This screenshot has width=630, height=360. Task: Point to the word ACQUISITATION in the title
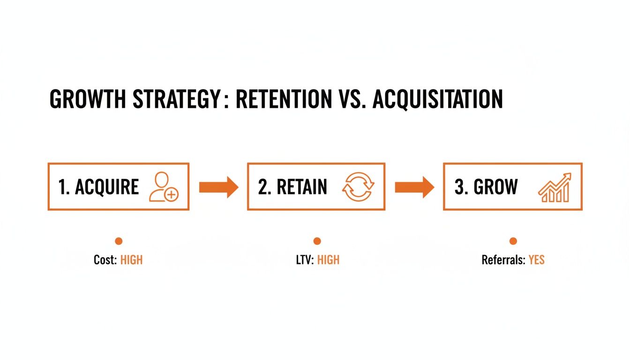(437, 100)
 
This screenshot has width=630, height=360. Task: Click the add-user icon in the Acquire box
(164, 187)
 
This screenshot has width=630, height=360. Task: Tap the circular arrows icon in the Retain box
(359, 187)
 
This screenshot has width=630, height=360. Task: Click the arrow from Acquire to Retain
(218, 187)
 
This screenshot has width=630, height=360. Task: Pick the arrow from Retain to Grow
(414, 187)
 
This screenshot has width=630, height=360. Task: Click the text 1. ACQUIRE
(98, 187)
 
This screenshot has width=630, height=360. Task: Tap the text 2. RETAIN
(292, 187)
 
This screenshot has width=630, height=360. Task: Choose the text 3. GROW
(486, 187)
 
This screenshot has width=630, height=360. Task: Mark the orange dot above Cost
(119, 241)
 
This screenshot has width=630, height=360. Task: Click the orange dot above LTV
(317, 241)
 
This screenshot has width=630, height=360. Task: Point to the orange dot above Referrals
(513, 241)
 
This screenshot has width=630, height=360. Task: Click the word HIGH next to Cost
(131, 260)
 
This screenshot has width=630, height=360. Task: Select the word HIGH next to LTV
(328, 260)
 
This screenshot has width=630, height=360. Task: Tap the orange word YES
(536, 260)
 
